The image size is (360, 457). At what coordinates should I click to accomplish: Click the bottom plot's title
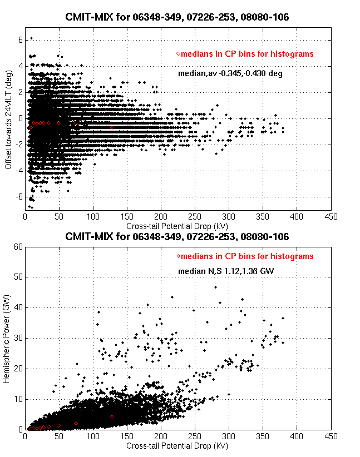pyautogui.click(x=177, y=237)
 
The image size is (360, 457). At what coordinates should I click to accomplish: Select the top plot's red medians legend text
pyautogui.click(x=247, y=54)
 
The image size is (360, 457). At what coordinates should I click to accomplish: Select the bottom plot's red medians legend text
pyautogui.click(x=247, y=256)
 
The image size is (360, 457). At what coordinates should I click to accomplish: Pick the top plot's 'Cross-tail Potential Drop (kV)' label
pyautogui.click(x=177, y=227)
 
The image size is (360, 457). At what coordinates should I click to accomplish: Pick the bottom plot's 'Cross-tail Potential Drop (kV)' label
pyautogui.click(x=177, y=446)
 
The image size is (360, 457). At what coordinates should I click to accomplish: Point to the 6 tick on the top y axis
pyautogui.click(x=19, y=39)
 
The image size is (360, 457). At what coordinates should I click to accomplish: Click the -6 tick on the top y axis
pyautogui.click(x=17, y=197)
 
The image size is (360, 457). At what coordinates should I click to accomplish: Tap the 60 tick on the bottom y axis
pyautogui.click(x=17, y=246)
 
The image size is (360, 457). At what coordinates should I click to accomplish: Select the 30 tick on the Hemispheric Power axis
pyautogui.click(x=17, y=338)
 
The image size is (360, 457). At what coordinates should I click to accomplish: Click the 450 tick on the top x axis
pyautogui.click(x=331, y=217)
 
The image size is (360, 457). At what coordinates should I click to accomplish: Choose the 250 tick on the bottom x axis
pyautogui.click(x=195, y=436)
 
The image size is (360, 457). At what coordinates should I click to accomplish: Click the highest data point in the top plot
pyautogui.click(x=31, y=38)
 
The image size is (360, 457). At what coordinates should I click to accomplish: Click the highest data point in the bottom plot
pyautogui.click(x=215, y=287)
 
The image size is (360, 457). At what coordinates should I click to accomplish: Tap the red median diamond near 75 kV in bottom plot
pyautogui.click(x=76, y=423)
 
